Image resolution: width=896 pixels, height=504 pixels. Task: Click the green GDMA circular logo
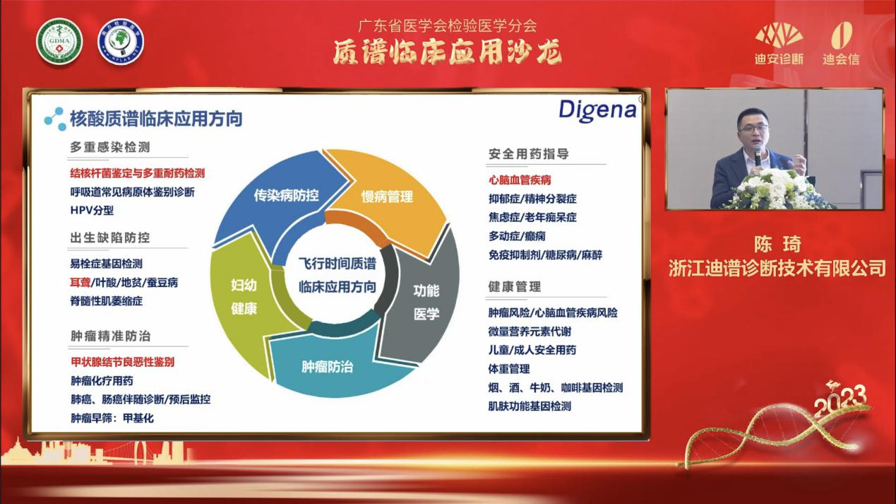[59, 41]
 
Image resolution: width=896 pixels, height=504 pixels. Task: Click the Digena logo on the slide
[597, 110]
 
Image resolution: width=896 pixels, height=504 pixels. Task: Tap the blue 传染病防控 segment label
[286, 195]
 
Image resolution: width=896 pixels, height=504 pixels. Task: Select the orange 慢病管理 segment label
[387, 197]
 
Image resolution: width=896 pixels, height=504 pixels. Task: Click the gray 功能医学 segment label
[426, 302]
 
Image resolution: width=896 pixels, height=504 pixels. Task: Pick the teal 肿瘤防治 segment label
[327, 367]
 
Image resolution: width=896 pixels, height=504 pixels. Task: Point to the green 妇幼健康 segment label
[244, 297]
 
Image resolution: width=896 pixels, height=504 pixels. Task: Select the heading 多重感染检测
[109, 147]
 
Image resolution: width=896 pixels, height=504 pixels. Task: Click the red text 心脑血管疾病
[520, 180]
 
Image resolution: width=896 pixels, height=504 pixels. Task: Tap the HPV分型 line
[92, 210]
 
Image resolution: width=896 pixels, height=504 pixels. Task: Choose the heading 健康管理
[514, 286]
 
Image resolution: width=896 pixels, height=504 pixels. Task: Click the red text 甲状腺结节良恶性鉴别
[122, 362]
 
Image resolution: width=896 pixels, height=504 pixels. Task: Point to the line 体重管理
[508, 368]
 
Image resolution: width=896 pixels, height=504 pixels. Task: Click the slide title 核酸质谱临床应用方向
[155, 118]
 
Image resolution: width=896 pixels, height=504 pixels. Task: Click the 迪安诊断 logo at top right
[779, 44]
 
